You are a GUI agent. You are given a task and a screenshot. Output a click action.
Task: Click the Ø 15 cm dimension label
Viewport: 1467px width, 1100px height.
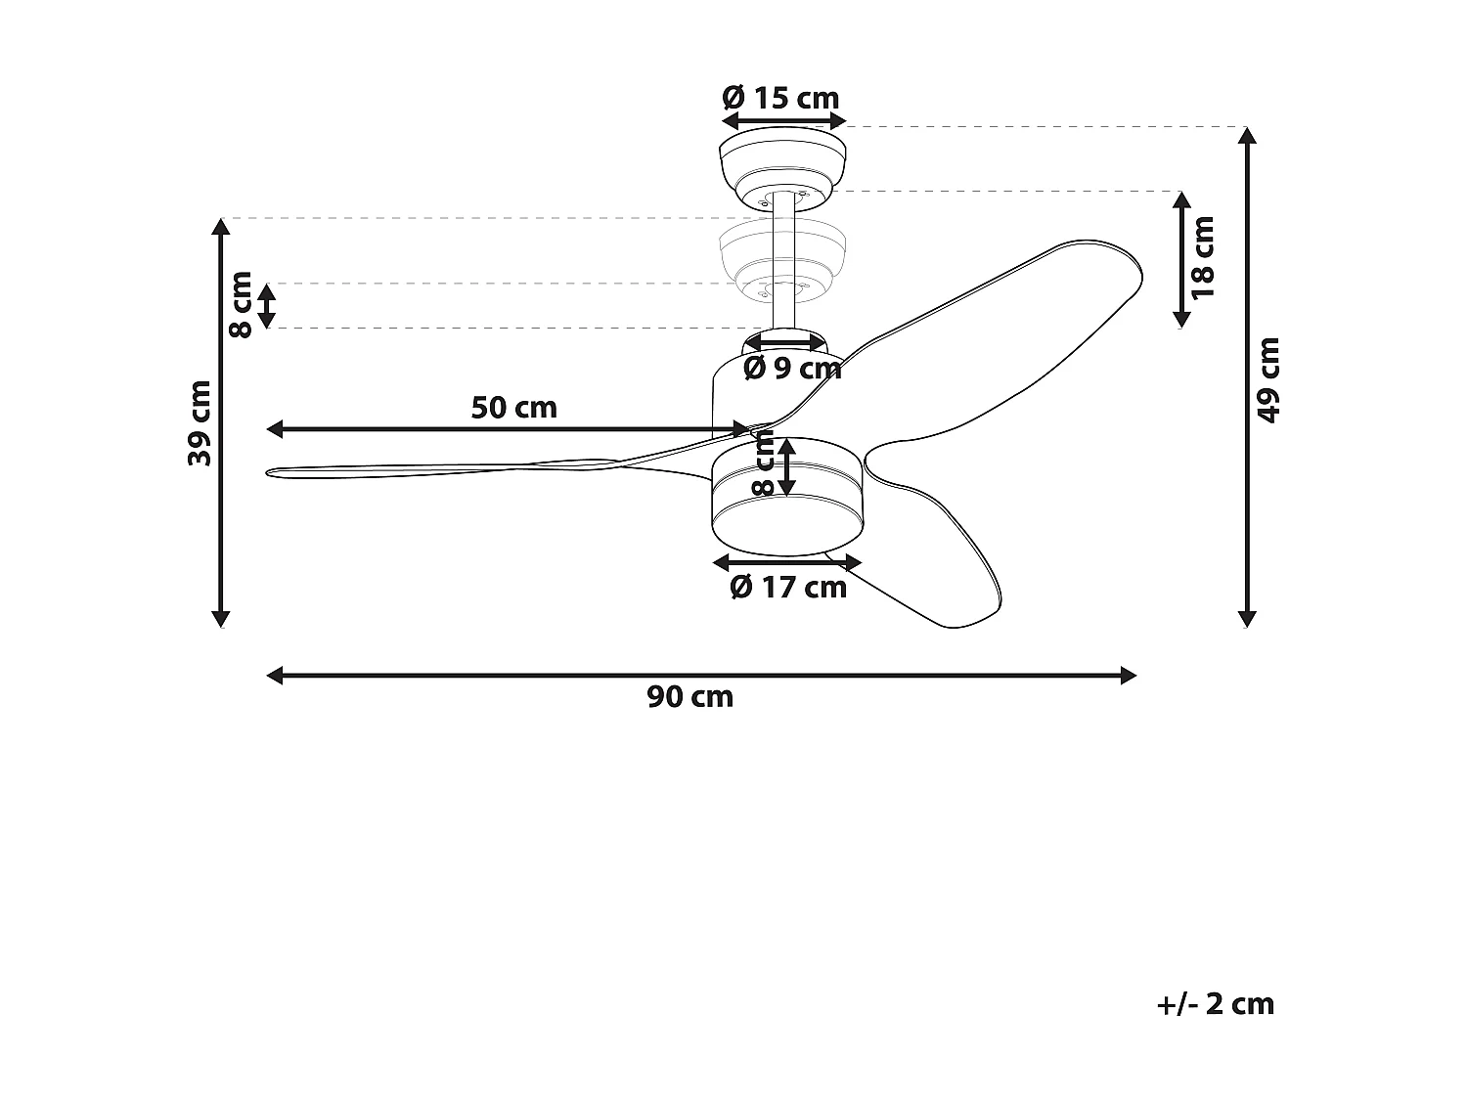[780, 98]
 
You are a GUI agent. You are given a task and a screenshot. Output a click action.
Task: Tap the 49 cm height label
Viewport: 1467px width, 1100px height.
[1268, 379]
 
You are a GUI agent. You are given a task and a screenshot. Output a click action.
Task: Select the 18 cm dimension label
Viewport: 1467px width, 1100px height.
[1204, 257]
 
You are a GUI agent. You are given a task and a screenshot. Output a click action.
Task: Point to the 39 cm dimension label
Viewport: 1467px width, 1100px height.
[200, 422]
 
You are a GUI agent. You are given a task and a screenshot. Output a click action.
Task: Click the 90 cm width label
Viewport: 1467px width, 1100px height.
[689, 697]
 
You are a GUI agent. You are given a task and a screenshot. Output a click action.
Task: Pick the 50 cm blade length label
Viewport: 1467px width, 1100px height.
[513, 407]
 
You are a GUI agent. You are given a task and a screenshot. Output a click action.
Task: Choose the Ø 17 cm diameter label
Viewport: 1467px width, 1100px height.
[788, 587]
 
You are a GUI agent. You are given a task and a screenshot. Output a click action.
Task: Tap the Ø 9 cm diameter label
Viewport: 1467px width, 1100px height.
[792, 369]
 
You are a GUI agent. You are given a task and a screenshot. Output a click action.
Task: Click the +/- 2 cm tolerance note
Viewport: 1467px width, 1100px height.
[1216, 1004]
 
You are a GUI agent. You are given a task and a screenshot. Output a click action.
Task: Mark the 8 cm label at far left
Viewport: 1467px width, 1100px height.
[241, 304]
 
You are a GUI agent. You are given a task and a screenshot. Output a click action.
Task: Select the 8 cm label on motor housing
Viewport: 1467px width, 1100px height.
[764, 464]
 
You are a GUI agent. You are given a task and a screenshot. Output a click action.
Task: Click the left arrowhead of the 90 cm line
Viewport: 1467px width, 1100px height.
[274, 675]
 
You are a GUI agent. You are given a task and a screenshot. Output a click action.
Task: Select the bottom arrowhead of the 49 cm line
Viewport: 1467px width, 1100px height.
[1246, 618]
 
